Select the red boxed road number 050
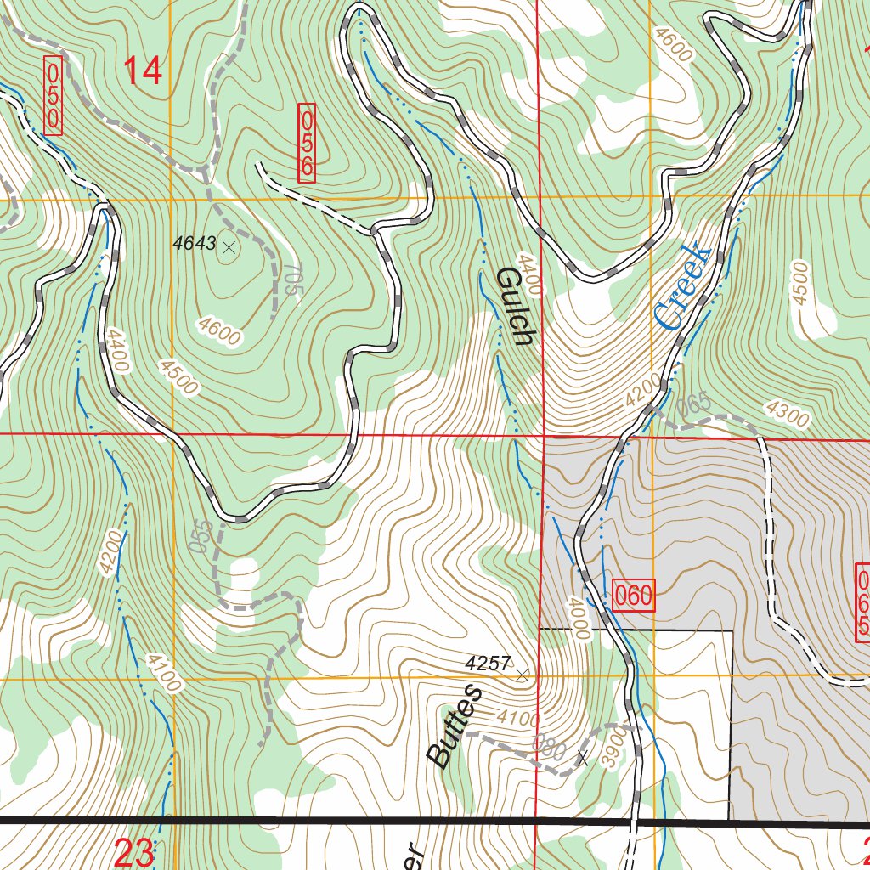pos(53,95)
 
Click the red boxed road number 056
pos(307,143)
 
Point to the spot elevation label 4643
pos(194,244)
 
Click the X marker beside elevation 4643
pos(228,247)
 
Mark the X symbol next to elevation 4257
pos(522,675)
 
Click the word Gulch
pos(514,306)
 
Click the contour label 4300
pos(788,412)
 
